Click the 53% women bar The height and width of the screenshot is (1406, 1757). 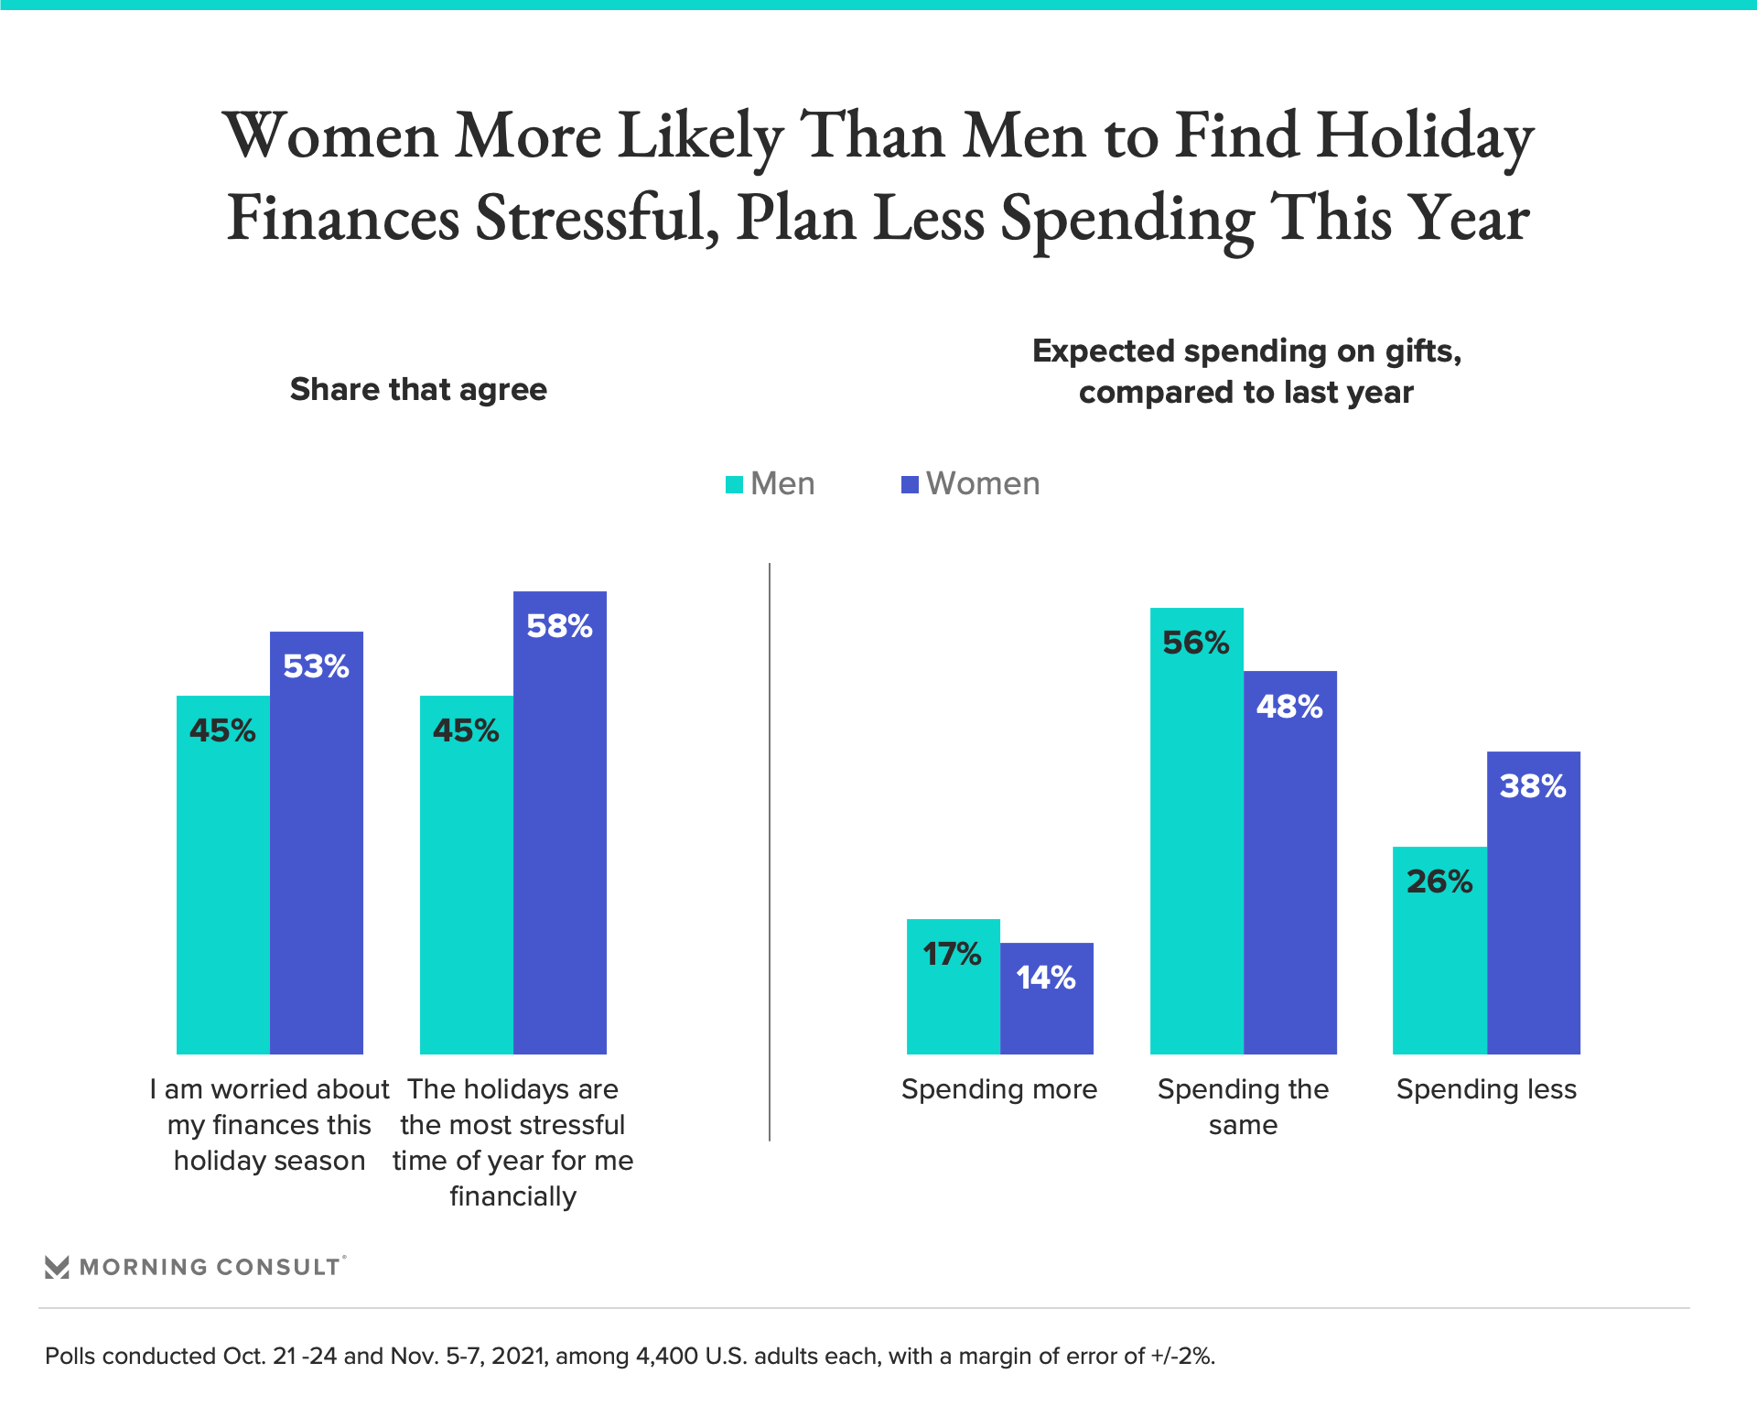[x=317, y=842]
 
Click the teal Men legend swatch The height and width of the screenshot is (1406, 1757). [x=734, y=484]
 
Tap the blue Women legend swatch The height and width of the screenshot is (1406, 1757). [x=910, y=484]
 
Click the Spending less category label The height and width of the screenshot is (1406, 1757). [x=1486, y=1089]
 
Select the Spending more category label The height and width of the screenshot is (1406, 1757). [x=999, y=1089]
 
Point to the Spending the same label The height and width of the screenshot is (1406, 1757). [x=1243, y=1107]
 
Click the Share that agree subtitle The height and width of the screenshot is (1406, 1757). [x=418, y=390]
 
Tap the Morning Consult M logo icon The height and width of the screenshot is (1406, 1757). [x=57, y=1267]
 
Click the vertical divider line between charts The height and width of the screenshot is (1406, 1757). [x=770, y=851]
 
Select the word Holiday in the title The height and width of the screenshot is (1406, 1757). [x=1425, y=135]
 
